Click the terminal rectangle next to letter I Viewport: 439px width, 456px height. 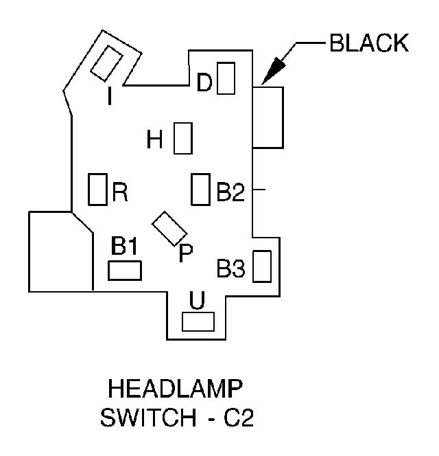point(106,65)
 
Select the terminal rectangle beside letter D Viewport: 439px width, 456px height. point(226,78)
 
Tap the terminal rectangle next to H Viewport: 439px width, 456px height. point(182,139)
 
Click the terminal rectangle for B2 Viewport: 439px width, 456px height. point(200,189)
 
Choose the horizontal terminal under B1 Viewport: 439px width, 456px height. point(125,271)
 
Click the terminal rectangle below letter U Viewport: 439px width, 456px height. point(198,321)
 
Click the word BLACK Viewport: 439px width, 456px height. point(369,43)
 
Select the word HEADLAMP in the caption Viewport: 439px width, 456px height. point(176,391)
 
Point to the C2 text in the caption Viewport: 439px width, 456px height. point(239,418)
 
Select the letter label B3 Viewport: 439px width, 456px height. point(230,269)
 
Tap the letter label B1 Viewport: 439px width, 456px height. point(125,247)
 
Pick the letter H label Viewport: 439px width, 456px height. point(155,141)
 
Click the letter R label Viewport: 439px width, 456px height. point(120,193)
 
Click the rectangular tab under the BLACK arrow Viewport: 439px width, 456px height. point(268,117)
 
